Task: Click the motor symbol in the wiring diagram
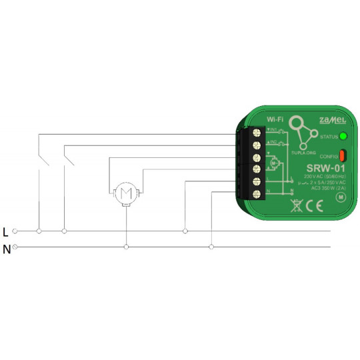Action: (125, 194)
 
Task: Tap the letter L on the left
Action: (6, 232)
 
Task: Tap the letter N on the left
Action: (6, 249)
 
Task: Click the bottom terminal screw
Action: (255, 193)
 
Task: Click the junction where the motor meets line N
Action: (125, 247)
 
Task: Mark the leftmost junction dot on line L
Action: (39, 231)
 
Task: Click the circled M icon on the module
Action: (340, 197)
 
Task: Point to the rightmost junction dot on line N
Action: (211, 247)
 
